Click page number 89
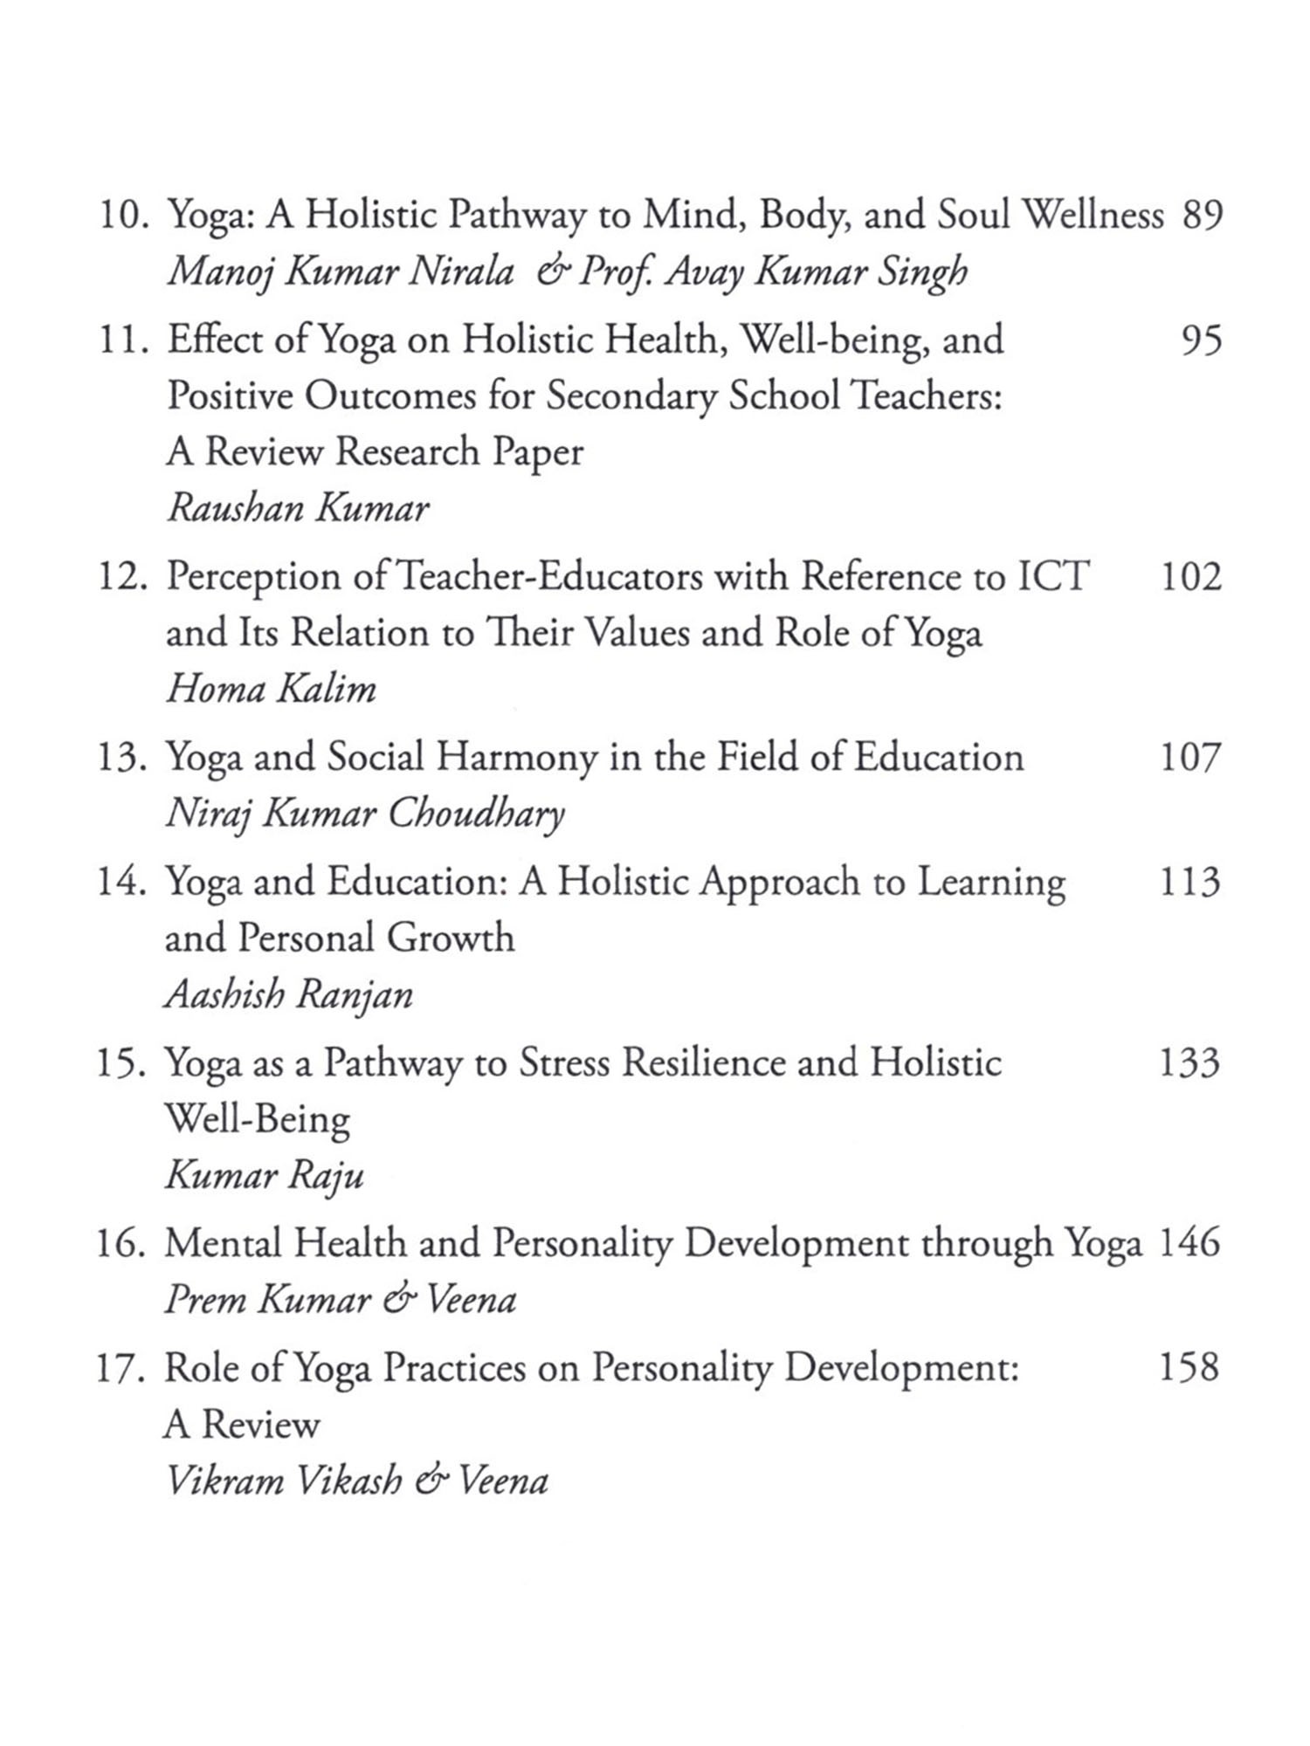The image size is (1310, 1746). pos(1202,215)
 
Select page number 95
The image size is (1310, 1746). pos(1202,340)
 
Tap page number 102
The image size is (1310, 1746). pos(1190,577)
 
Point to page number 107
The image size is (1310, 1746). pos(1189,757)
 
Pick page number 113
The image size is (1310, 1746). pos(1189,882)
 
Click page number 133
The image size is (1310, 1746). pos(1189,1062)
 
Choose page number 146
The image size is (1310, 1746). pos(1189,1242)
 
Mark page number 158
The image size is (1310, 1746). pos(1189,1367)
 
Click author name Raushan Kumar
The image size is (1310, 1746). pos(298,508)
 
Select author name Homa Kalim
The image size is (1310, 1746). pos(271,690)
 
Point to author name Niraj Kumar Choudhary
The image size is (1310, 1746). pos(365,815)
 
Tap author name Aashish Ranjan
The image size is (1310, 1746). pos(288,994)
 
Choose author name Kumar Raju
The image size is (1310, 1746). pos(264,1176)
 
